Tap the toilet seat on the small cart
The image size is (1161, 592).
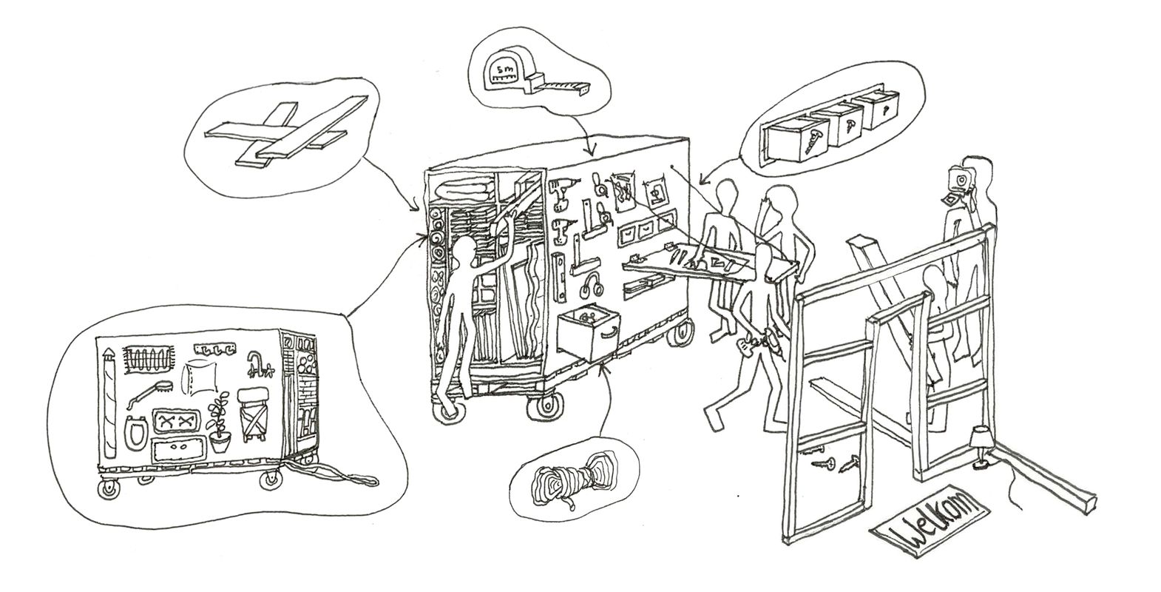point(134,431)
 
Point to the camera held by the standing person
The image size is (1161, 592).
point(959,178)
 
